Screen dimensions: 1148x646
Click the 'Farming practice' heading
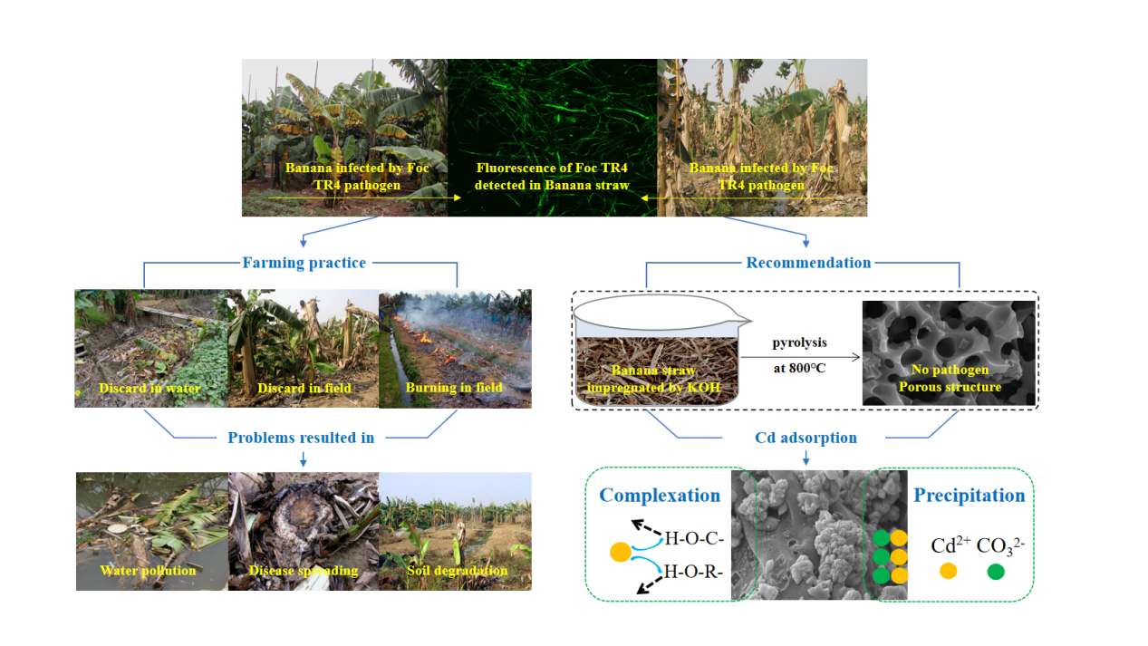click(x=304, y=263)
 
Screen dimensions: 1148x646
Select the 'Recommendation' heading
click(x=808, y=263)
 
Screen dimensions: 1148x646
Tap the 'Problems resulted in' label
click(x=301, y=438)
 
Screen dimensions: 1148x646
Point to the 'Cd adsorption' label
click(x=806, y=438)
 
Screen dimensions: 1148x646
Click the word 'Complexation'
click(x=660, y=496)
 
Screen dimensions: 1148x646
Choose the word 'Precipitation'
click(x=970, y=496)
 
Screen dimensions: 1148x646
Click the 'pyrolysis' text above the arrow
click(x=799, y=342)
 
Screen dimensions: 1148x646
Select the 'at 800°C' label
click(x=799, y=368)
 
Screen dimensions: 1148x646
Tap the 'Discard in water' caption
click(x=150, y=388)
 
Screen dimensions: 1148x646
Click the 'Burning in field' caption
click(x=454, y=387)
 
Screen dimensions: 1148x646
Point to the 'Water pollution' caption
click(x=148, y=570)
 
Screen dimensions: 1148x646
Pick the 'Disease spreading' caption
click(x=304, y=570)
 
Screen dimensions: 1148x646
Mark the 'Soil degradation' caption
click(x=458, y=570)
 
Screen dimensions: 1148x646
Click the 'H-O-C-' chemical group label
click(x=694, y=538)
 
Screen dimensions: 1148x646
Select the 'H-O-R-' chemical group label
click(x=693, y=571)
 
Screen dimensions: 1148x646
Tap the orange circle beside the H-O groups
click(x=621, y=553)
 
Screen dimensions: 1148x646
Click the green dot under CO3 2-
click(x=996, y=571)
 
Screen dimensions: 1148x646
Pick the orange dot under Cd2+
click(x=949, y=571)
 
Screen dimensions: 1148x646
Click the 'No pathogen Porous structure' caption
click(x=950, y=378)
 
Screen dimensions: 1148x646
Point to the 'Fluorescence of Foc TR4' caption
click(x=552, y=168)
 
